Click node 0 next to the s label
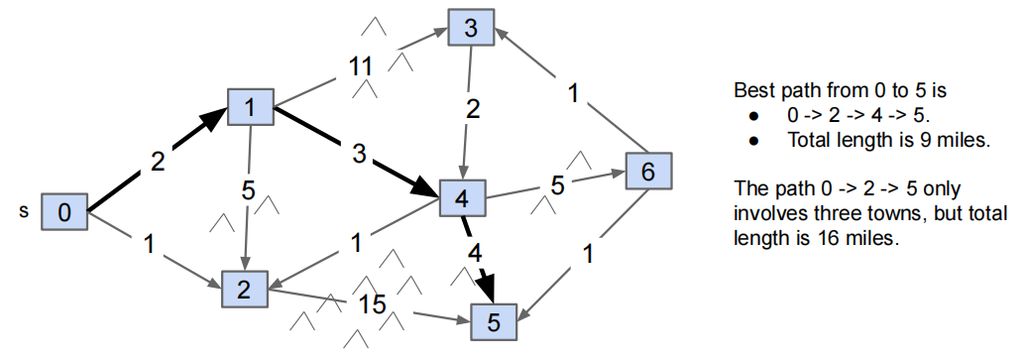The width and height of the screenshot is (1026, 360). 64,211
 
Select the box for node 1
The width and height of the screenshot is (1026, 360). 251,107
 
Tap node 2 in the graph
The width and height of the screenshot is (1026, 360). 244,288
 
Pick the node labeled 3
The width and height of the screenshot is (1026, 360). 471,28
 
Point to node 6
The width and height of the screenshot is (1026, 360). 647,172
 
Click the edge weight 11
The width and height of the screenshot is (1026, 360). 360,67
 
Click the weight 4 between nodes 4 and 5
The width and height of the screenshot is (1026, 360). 475,252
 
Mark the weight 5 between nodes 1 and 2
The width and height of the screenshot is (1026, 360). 249,187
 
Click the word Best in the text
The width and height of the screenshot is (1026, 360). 752,90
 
